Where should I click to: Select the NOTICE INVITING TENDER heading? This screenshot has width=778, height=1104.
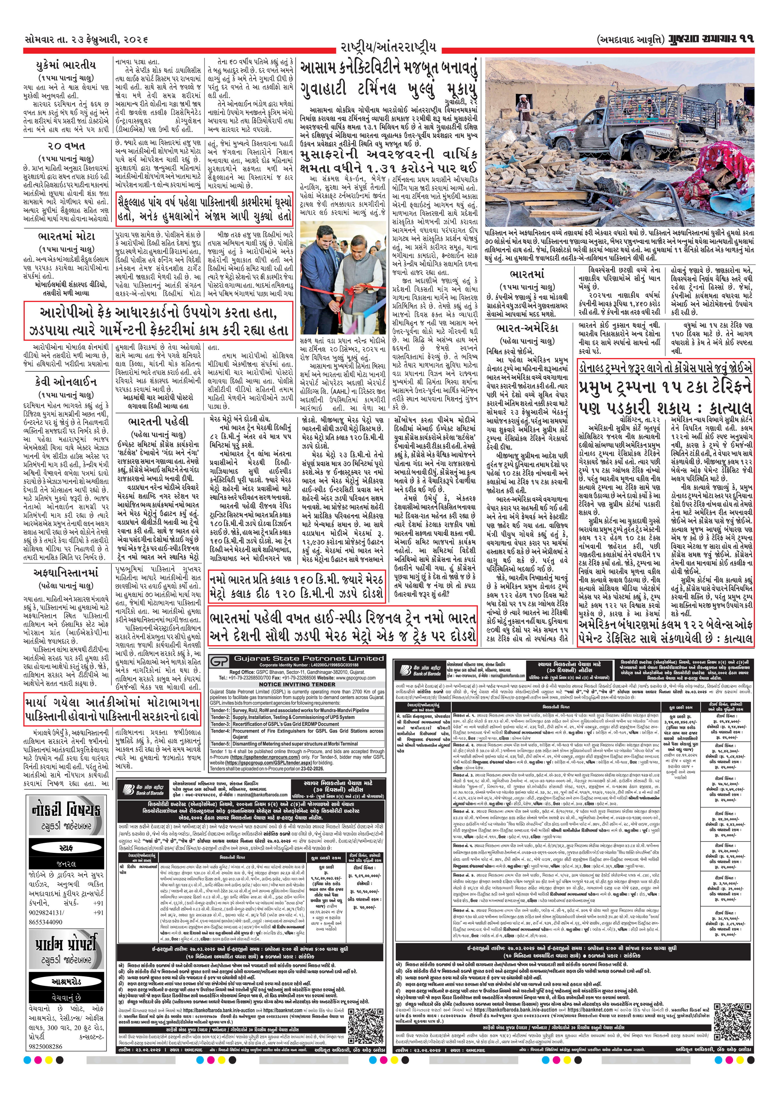[x=297, y=684]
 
